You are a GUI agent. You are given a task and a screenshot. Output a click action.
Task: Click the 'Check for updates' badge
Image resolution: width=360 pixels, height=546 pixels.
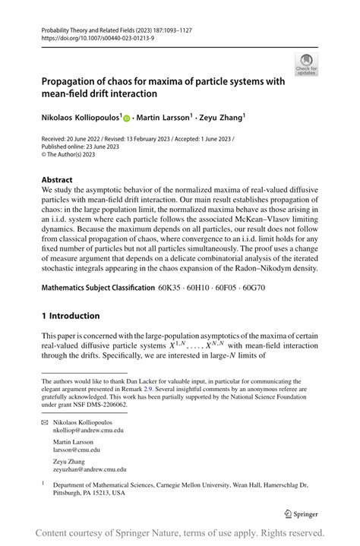(307, 65)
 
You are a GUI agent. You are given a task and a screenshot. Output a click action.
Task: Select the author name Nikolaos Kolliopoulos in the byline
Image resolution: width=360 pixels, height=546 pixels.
(84, 118)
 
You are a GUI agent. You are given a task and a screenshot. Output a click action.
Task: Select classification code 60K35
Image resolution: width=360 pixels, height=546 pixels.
(170, 289)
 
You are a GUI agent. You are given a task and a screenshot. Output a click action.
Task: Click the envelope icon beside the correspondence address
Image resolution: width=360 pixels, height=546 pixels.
(45, 421)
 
